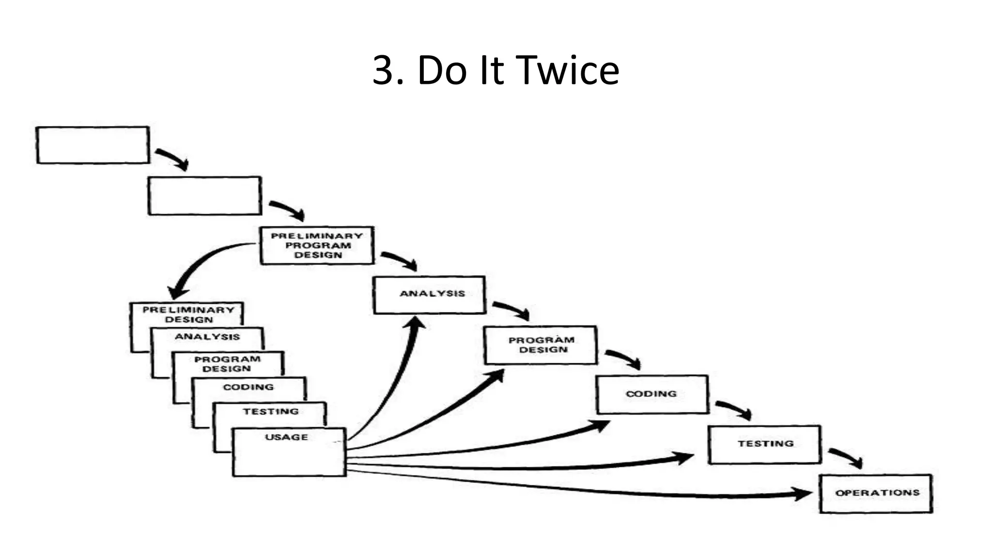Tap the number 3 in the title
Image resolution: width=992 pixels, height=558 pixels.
click(382, 71)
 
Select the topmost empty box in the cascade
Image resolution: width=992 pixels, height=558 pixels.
click(93, 145)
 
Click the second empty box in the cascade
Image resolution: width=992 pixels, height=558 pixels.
click(205, 196)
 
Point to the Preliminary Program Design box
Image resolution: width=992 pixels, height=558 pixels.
click(317, 246)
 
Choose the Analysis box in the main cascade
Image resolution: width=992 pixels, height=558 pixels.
click(430, 295)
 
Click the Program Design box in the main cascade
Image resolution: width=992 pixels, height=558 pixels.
click(541, 345)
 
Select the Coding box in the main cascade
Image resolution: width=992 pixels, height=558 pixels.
click(652, 394)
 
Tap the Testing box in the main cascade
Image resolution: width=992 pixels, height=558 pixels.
click(765, 444)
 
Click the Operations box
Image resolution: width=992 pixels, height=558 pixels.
click(876, 494)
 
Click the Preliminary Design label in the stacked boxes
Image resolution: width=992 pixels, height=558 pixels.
click(188, 314)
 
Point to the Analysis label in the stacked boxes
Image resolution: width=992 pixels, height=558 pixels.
click(207, 337)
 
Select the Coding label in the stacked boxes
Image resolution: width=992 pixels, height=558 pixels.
click(248, 387)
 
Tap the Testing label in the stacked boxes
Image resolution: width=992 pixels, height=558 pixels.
click(271, 411)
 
